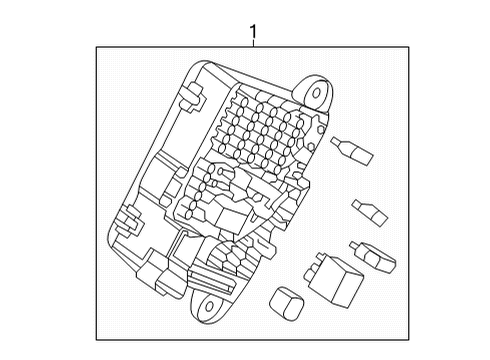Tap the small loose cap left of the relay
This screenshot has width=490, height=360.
288,302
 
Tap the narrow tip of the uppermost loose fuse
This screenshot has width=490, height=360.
341,144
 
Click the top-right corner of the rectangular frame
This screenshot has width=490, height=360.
409,46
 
